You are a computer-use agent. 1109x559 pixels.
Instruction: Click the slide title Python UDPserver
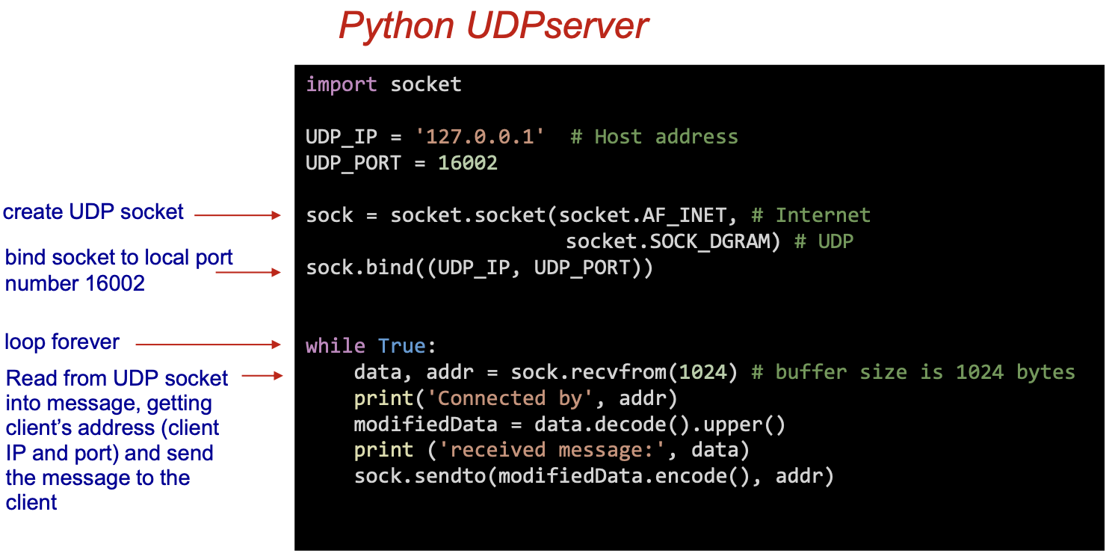coord(493,26)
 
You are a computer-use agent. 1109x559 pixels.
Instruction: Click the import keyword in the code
coord(341,84)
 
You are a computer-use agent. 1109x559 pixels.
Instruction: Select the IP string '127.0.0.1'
coord(481,137)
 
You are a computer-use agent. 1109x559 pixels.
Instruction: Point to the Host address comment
coord(655,137)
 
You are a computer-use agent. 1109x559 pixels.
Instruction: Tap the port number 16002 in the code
coord(468,163)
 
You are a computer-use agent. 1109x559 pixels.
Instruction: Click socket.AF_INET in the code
coord(643,215)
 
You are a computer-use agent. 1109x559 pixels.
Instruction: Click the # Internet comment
coord(812,215)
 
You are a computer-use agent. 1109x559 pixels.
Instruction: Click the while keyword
coord(336,346)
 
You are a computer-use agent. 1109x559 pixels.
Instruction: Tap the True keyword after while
coord(401,346)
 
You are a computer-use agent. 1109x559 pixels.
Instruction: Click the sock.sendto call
coord(420,476)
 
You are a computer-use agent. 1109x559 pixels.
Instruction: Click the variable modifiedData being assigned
coord(425,424)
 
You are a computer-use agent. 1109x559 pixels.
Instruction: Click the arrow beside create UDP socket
coord(238,215)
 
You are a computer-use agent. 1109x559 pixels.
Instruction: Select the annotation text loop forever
coord(62,342)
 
